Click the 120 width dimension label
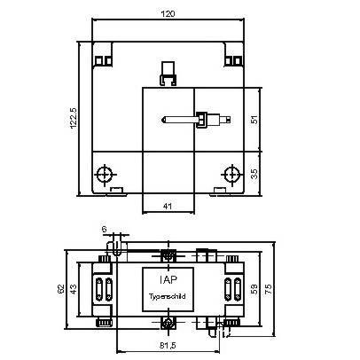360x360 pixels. pyautogui.click(x=168, y=15)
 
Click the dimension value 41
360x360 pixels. pyautogui.click(x=168, y=207)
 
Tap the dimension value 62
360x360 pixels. pyautogui.click(x=60, y=289)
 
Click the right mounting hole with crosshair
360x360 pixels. pyautogui.click(x=230, y=173)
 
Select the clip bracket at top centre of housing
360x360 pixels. pyautogui.click(x=168, y=71)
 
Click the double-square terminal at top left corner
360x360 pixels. pyautogui.click(x=104, y=60)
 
